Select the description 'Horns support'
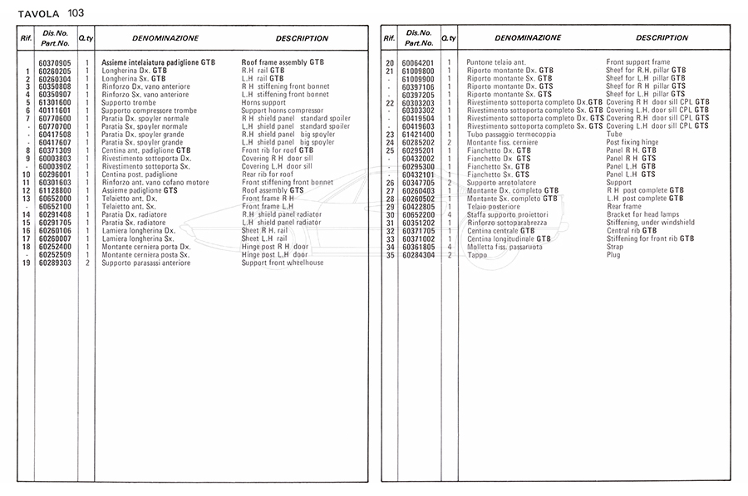click(263, 103)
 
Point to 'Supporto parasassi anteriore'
click(145, 263)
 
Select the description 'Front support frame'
click(637, 63)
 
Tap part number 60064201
click(418, 63)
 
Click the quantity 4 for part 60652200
click(449, 214)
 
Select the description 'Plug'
click(613, 255)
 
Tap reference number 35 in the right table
click(389, 255)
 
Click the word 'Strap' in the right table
click(616, 247)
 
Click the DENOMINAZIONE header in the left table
click(165, 38)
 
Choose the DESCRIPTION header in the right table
click(662, 38)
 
